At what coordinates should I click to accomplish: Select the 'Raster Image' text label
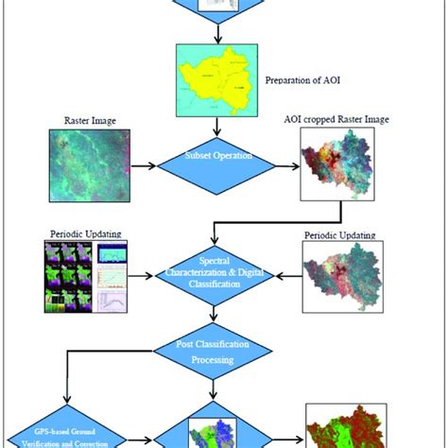pos(82,122)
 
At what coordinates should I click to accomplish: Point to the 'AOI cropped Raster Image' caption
pos(342,120)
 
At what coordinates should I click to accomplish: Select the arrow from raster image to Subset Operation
pos(145,167)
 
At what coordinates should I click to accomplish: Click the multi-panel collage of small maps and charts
pos(85,276)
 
